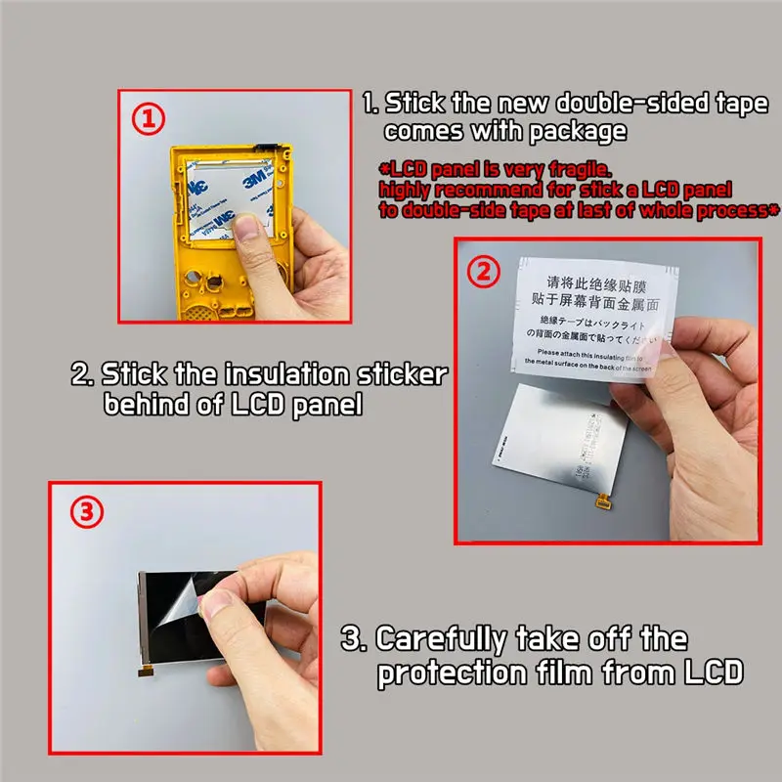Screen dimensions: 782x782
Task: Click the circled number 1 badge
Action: coord(148,119)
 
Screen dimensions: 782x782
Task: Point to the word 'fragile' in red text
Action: coord(580,167)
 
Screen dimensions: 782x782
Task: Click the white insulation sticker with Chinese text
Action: coord(586,313)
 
